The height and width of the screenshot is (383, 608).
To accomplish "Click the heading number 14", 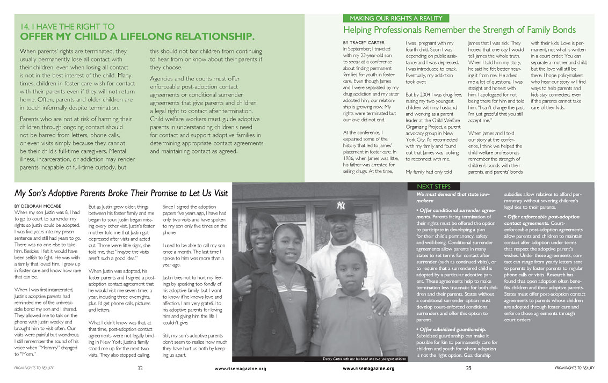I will (25, 26).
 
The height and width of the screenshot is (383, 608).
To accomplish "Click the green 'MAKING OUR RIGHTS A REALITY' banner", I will (395, 18).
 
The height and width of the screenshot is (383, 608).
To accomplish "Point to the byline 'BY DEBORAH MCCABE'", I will (38, 206).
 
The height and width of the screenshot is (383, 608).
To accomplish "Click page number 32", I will (140, 369).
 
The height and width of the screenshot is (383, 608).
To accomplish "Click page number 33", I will (468, 369).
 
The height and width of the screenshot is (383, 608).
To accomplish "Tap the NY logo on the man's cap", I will (341, 205).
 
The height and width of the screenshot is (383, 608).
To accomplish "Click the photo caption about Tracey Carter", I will (364, 358).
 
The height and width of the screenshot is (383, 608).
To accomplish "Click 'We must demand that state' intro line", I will (445, 194).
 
